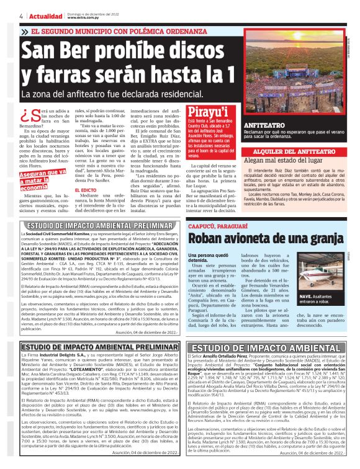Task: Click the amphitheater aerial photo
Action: pos(305,68)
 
